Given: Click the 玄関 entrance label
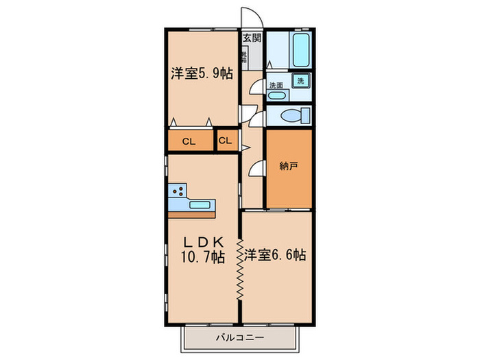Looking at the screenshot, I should coord(252,38).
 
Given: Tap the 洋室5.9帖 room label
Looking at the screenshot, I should coord(202,73).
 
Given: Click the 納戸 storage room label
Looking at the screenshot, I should coord(288,167).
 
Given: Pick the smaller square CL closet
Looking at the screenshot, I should coord(226,141).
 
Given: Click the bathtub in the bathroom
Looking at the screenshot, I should coord(300,49).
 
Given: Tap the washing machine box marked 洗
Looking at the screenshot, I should coord(300,80).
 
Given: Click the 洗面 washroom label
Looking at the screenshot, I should coord(276,86).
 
